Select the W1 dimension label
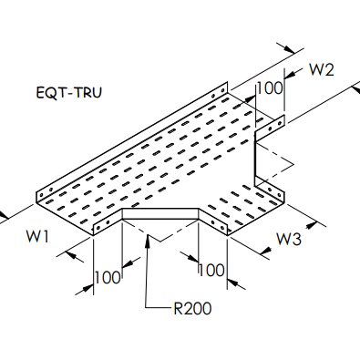pos(37,238)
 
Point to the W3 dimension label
pos(289,240)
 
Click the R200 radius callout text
pos(191,308)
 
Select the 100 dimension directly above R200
pos(211,271)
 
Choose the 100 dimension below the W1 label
pos(108,275)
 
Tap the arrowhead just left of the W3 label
pos(263,238)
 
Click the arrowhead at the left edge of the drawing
pos(5,217)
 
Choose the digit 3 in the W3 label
pos(298,240)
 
